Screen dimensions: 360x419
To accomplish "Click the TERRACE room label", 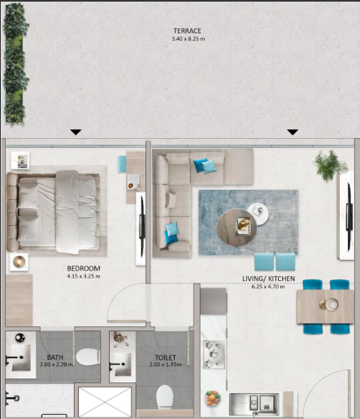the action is (187, 31).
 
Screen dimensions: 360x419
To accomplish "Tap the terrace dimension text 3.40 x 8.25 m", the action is (189, 39).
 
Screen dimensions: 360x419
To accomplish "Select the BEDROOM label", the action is (84, 269).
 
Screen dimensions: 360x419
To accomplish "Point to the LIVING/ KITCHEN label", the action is (268, 279).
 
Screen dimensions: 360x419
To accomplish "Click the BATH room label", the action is (55, 357).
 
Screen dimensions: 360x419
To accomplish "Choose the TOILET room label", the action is (166, 357).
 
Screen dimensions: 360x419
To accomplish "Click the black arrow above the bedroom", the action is (76, 132).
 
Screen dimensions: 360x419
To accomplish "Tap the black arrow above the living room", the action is (293, 132).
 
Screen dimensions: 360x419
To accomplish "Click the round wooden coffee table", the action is (236, 228).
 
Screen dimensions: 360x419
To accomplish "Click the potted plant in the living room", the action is (331, 165).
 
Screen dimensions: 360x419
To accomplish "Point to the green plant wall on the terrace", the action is (16, 64).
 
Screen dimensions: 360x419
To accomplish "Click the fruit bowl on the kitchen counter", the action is (213, 399).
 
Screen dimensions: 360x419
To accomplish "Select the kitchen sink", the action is (254, 404).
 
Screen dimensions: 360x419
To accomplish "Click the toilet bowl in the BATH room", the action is (88, 357).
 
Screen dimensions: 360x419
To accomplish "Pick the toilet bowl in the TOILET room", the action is (165, 397).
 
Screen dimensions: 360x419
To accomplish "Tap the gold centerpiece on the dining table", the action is (328, 304).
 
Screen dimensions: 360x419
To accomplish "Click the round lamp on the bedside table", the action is (19, 261).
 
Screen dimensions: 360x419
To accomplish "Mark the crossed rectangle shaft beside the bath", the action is (105, 402).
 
